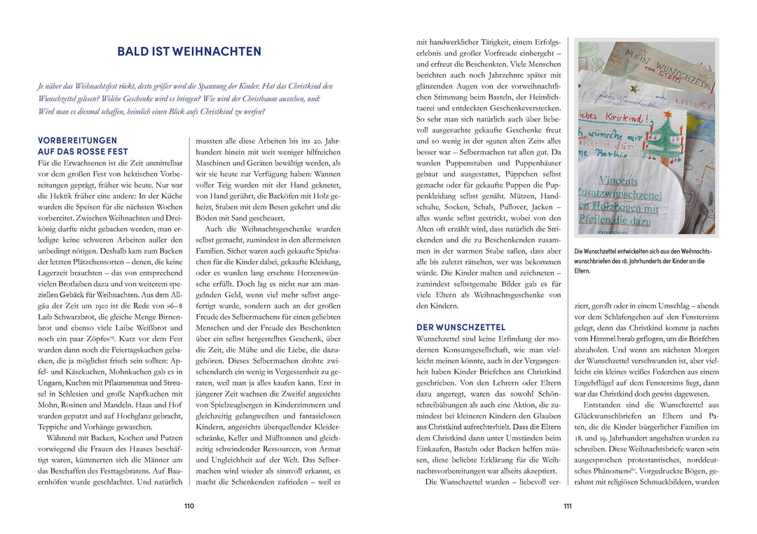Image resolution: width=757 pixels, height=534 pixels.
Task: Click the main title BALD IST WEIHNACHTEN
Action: [189, 52]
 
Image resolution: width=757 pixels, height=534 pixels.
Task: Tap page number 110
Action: [189, 507]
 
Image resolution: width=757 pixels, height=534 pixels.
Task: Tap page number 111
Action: [568, 507]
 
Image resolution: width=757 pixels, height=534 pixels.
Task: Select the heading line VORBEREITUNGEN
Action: [78, 140]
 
